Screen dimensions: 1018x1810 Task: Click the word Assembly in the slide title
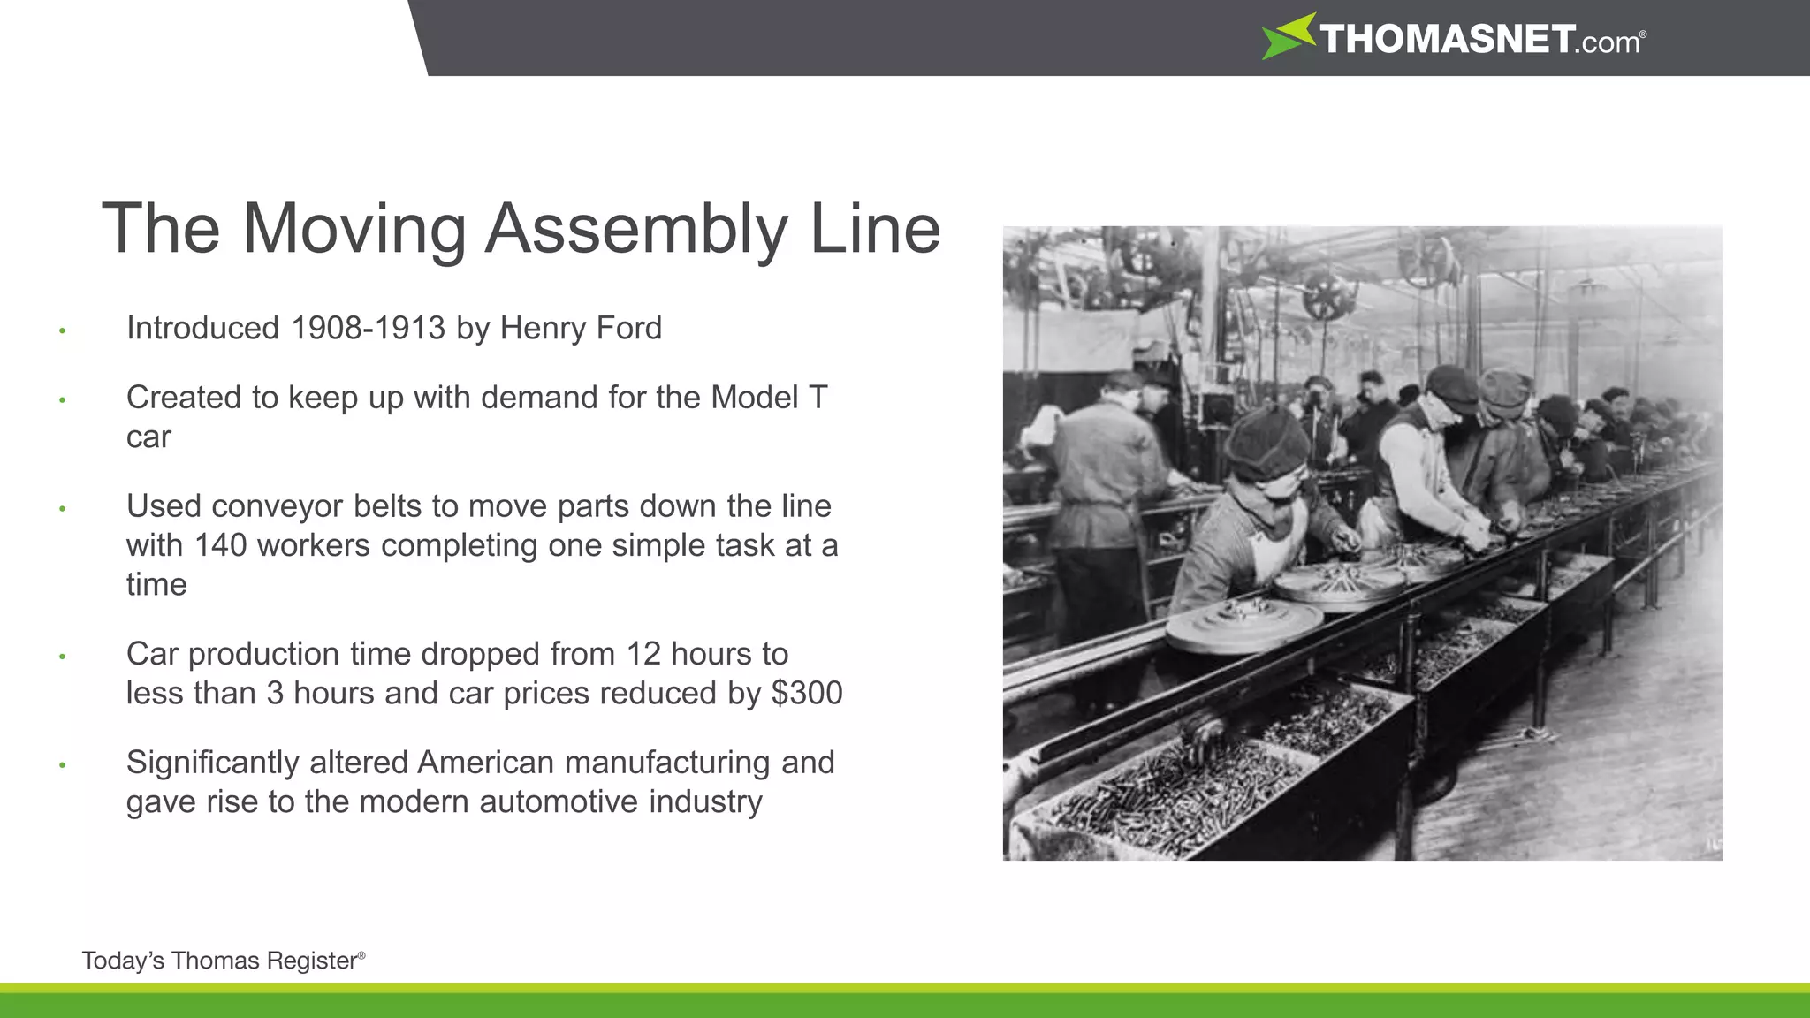[x=635, y=230]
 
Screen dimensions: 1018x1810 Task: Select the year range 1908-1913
[x=368, y=329]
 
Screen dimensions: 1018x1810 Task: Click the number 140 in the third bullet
[x=221, y=545]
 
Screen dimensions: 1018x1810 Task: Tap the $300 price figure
[x=807, y=693]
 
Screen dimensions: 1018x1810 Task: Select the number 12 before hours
[x=643, y=654]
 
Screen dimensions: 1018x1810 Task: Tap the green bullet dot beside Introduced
[x=62, y=331]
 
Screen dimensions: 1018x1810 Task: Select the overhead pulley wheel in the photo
[x=1329, y=295]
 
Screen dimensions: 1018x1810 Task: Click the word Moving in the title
[x=354, y=230]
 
